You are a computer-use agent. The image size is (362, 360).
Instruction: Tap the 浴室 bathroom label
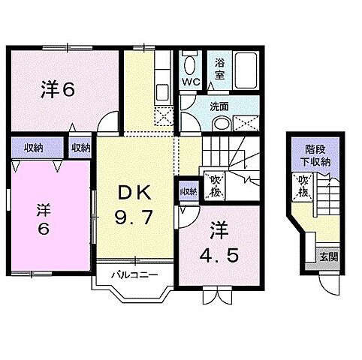221,70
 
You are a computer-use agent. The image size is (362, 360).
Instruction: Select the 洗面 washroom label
219,106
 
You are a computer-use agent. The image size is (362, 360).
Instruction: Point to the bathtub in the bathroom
245,71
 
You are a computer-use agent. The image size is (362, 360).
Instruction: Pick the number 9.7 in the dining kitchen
136,219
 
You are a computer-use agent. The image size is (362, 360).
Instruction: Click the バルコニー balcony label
134,274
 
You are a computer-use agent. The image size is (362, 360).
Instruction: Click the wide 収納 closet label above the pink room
32,147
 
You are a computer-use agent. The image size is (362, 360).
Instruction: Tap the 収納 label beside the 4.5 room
188,191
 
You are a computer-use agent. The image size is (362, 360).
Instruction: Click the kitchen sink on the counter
162,94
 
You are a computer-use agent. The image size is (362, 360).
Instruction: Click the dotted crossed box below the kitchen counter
163,115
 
